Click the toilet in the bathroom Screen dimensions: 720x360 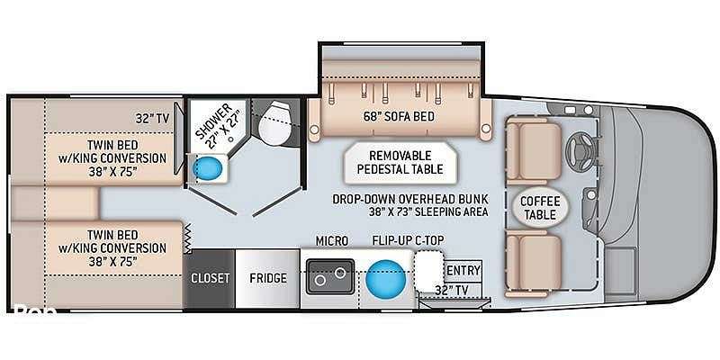tap(274, 122)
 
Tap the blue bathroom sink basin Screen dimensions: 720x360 tap(208, 168)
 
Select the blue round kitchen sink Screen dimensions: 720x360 tap(386, 277)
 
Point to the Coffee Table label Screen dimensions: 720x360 tap(540, 208)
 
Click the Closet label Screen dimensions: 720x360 tap(211, 278)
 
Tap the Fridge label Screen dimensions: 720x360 tap(268, 278)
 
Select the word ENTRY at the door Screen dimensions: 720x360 tap(463, 271)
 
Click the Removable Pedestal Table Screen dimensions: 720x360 tap(400, 163)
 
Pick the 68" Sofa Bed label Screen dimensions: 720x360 tap(398, 117)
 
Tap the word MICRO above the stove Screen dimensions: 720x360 tap(332, 241)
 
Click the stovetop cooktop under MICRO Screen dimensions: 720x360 tap(330, 276)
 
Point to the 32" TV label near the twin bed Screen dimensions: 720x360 tap(153, 119)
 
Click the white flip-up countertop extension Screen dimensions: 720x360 tap(429, 272)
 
